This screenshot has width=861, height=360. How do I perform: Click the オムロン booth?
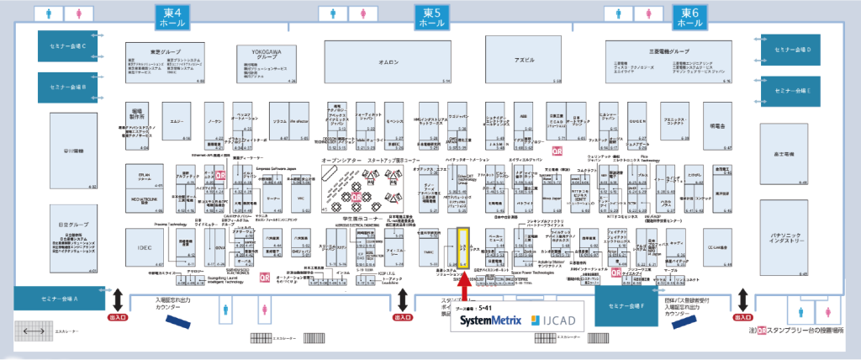click(x=388, y=61)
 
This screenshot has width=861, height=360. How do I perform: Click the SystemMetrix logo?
click(x=490, y=321)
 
